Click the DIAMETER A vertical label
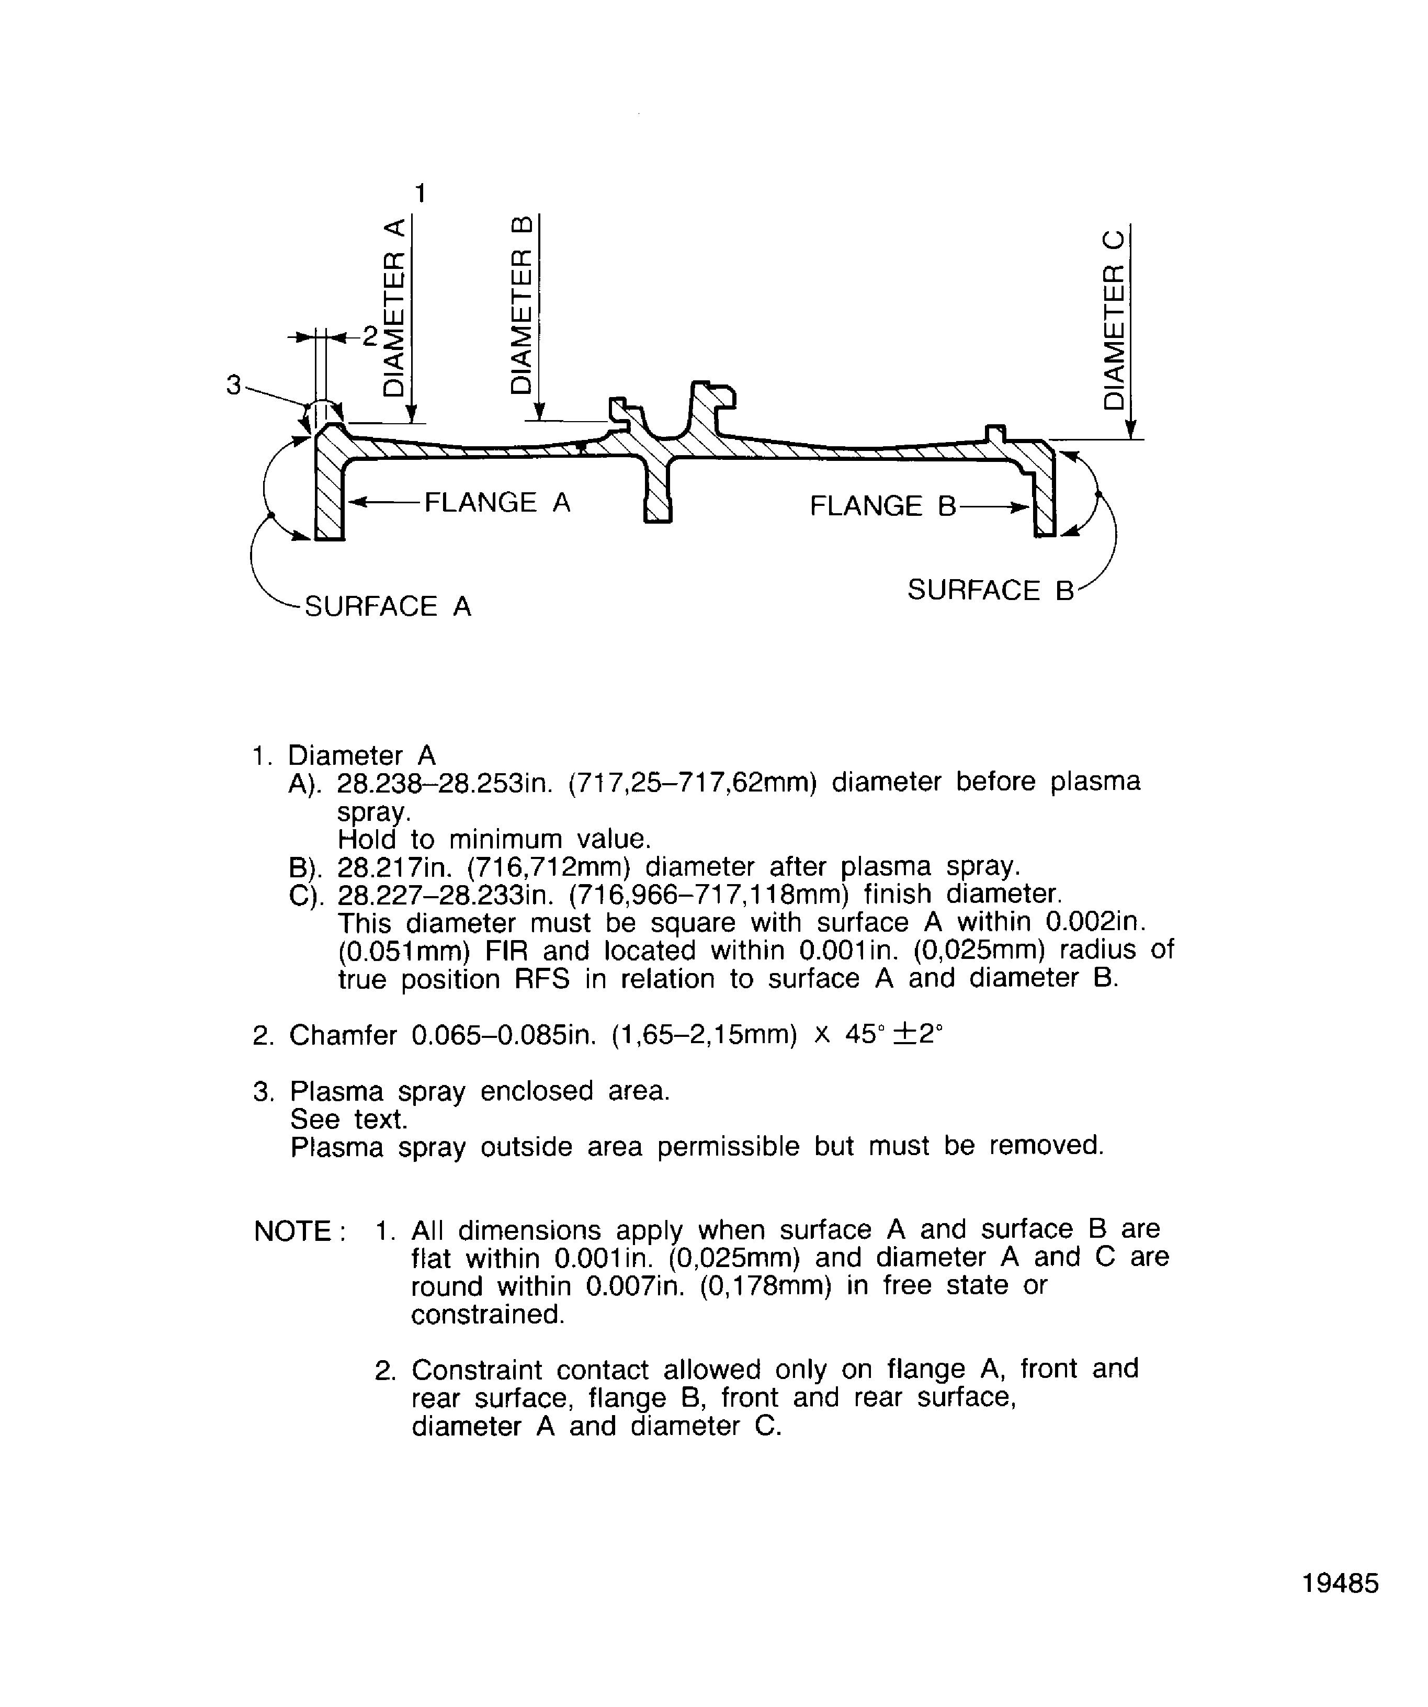click(x=393, y=307)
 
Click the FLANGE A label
click(x=497, y=502)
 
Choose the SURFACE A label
click(x=388, y=606)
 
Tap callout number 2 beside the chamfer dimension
click(x=370, y=336)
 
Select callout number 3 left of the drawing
click(x=234, y=385)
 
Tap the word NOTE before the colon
click(x=292, y=1231)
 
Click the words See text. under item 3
click(x=349, y=1120)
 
